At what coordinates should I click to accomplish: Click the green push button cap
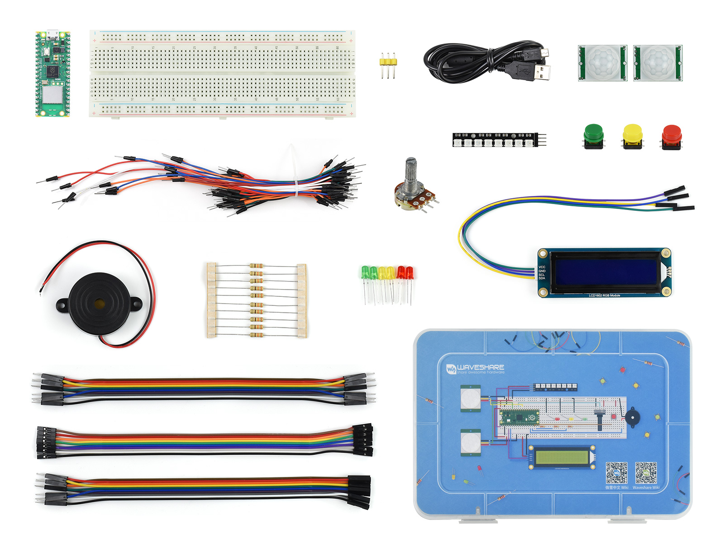pyautogui.click(x=594, y=133)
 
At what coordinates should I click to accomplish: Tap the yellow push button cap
pyautogui.click(x=632, y=133)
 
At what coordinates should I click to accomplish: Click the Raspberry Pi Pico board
pyautogui.click(x=53, y=75)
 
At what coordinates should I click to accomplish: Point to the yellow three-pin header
pyautogui.click(x=388, y=62)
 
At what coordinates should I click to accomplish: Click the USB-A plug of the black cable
pyautogui.click(x=538, y=71)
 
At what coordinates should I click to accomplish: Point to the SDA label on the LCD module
pyautogui.click(x=542, y=278)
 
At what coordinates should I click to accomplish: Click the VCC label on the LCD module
pyautogui.click(x=542, y=267)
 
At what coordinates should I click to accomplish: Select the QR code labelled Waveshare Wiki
pyautogui.click(x=646, y=473)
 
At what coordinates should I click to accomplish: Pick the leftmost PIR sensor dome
pyautogui.click(x=602, y=62)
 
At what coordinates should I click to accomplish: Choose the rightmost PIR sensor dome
pyautogui.click(x=657, y=62)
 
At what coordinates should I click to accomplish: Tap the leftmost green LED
pyautogui.click(x=365, y=272)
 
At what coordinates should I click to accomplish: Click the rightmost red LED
pyautogui.click(x=410, y=273)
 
